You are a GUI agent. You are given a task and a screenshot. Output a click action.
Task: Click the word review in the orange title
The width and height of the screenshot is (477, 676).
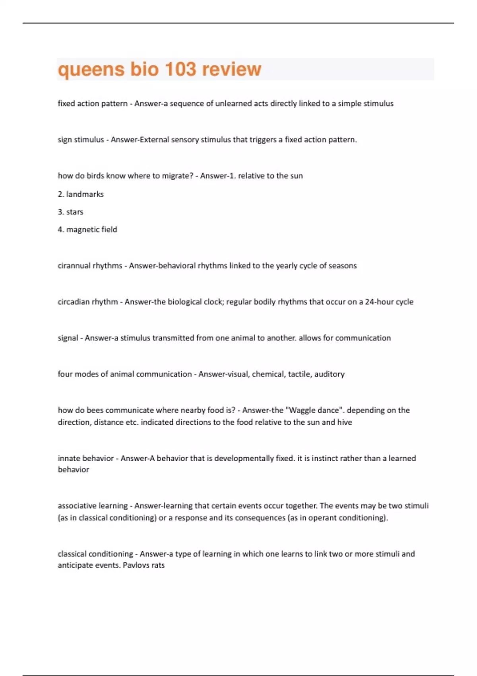click(x=232, y=69)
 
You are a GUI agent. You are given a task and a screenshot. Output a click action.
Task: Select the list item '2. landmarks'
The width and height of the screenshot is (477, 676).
click(x=81, y=194)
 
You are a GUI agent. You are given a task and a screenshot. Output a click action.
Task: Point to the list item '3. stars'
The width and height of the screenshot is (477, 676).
click(x=70, y=212)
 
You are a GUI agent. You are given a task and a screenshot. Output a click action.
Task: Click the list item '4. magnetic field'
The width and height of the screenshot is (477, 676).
click(x=87, y=229)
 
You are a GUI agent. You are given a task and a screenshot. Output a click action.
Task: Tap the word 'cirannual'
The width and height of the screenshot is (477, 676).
click(x=74, y=266)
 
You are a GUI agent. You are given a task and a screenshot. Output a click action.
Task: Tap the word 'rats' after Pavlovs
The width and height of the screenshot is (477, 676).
click(x=158, y=565)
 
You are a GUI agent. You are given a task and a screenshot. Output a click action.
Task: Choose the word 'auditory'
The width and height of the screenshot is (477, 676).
click(x=329, y=374)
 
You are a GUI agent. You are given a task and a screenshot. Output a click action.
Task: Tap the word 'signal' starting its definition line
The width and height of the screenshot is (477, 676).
click(x=68, y=338)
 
